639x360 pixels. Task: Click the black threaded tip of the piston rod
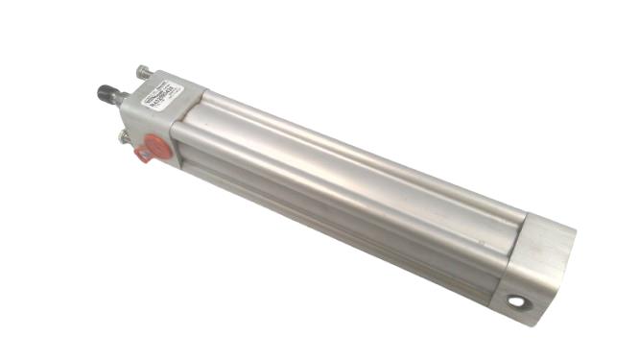coord(105,93)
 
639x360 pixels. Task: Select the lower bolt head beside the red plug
coord(125,138)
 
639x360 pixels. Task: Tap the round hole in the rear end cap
coord(518,302)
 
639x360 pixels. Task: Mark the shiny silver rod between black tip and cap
coord(123,98)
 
